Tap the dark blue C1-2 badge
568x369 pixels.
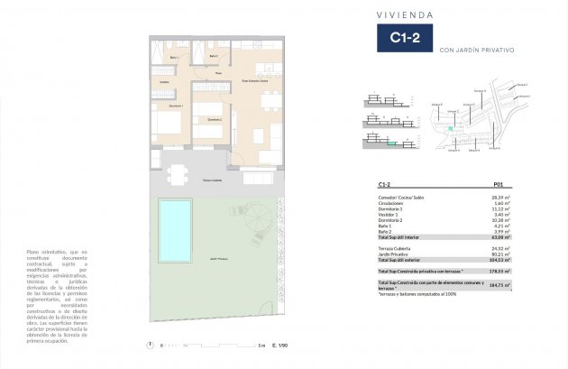402,39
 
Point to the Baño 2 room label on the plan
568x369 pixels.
213,56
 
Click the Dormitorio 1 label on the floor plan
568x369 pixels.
176,106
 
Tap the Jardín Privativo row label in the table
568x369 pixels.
396,253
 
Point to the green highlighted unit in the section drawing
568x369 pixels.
391,143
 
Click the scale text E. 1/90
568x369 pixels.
279,345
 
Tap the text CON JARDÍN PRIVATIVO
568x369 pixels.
477,51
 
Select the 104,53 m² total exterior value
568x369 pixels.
501,259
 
